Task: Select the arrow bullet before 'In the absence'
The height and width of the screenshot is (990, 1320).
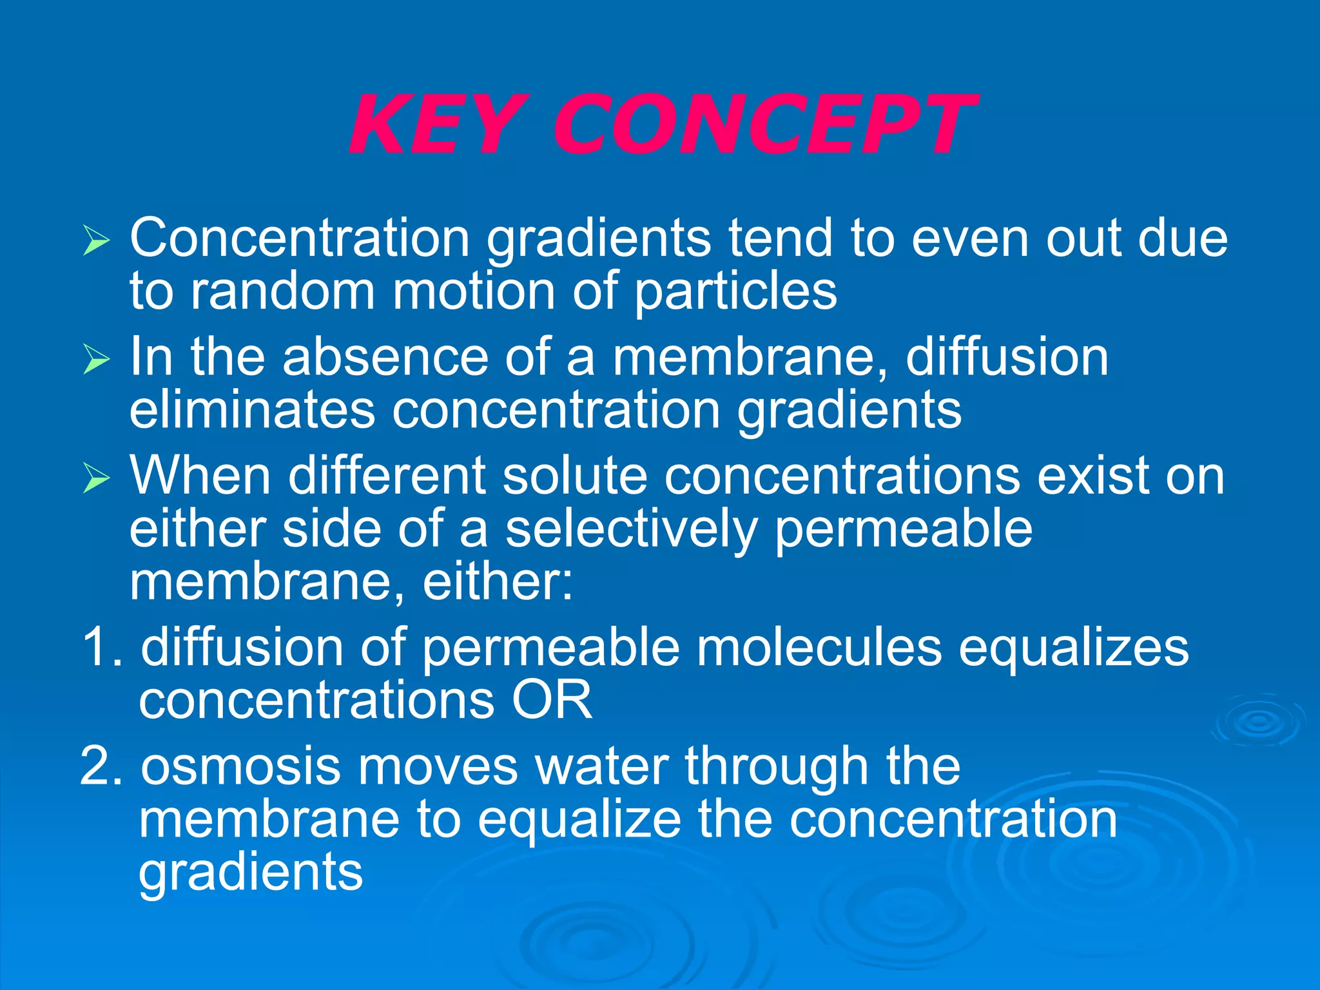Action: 96,359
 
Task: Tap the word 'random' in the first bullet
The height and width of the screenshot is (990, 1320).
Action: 283,291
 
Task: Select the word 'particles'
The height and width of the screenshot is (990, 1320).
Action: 735,291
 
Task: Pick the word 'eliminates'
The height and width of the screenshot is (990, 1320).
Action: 252,410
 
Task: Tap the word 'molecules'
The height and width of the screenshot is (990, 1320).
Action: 819,647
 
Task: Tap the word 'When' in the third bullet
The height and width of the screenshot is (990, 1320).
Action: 200,476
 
